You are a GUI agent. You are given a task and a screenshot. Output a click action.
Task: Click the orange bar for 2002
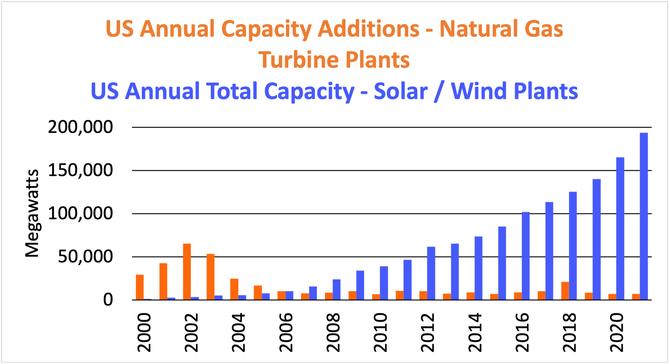pos(187,272)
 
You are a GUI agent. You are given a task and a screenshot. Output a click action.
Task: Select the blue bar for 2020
pos(620,228)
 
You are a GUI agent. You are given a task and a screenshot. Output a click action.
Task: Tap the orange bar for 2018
pos(565,291)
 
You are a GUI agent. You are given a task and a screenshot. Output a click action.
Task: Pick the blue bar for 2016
pos(526,256)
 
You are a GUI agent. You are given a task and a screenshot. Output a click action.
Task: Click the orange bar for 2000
pos(140,287)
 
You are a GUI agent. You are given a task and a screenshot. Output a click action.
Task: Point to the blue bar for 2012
pos(431,273)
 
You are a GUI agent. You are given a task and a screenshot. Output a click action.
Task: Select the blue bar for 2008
pos(337,289)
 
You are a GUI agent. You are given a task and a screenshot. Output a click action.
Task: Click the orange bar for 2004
pos(234,289)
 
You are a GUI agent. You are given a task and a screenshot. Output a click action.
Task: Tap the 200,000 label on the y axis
pos(80,127)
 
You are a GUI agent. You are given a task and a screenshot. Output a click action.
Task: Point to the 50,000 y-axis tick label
pos(85,257)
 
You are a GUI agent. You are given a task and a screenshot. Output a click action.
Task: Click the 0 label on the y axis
pos(108,300)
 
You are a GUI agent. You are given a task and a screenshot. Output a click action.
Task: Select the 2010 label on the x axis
pos(381,332)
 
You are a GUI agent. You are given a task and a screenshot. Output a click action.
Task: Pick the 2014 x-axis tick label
pos(475,332)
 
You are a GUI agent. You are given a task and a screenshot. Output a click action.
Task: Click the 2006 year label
pos(286,332)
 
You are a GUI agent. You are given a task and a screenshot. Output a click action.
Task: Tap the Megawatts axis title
pos(32,213)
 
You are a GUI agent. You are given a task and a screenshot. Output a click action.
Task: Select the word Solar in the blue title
pos(401,91)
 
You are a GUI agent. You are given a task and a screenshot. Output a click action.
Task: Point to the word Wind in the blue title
pos(478,91)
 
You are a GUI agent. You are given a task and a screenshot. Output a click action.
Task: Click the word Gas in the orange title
pos(544,29)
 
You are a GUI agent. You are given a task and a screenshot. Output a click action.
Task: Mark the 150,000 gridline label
pos(80,170)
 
